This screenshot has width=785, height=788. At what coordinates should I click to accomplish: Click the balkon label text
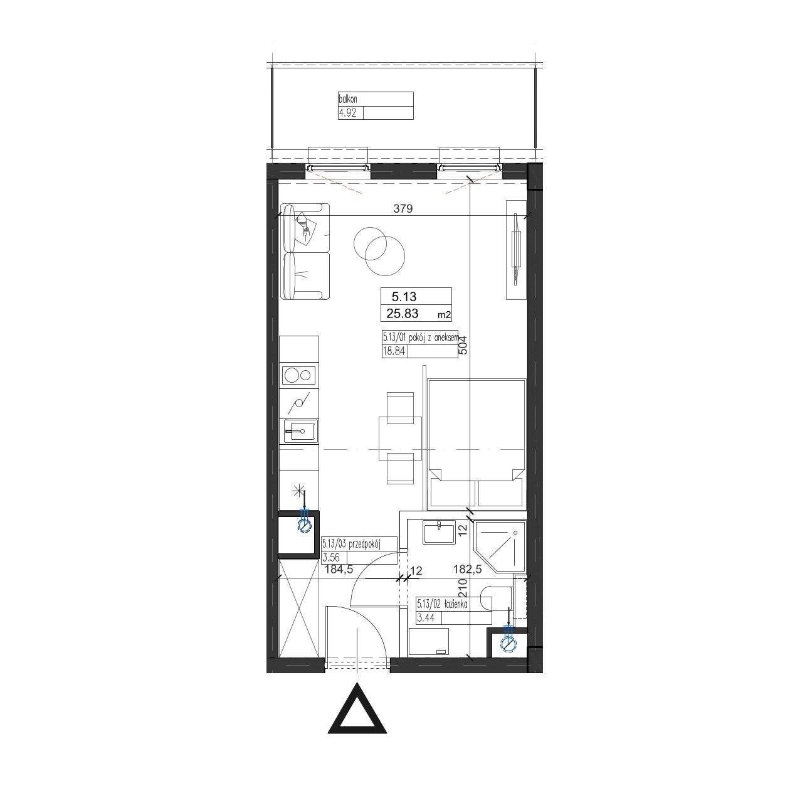347,99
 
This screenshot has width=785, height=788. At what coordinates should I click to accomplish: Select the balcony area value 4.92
347,113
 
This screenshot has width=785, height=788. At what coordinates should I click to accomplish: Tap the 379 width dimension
403,208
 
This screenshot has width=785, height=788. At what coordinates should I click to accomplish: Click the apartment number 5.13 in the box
404,296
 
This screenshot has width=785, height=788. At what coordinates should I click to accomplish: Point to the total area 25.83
403,313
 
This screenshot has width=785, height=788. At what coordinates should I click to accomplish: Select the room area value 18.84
394,351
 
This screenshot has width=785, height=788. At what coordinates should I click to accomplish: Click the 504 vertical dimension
463,347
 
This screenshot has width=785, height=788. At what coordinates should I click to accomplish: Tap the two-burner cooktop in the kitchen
299,375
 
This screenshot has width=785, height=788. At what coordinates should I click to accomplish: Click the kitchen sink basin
299,432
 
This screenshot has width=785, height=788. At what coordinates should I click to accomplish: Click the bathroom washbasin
439,532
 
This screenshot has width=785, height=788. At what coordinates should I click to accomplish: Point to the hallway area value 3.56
331,557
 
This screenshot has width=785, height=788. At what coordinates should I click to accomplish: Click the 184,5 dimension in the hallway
339,569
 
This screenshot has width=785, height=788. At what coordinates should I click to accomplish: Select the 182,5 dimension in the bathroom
467,569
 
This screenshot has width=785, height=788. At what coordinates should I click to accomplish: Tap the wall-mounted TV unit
517,250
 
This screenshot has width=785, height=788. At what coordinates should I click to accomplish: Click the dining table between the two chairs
400,435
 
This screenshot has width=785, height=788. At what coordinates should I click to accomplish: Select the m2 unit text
444,316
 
